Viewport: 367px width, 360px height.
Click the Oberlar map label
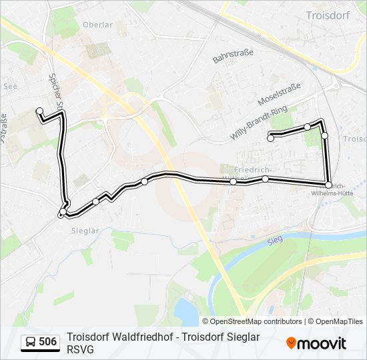coord(97,25)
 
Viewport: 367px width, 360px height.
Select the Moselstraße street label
coord(279,95)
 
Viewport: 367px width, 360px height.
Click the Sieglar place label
coord(85,231)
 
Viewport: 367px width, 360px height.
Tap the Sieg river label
coord(272,241)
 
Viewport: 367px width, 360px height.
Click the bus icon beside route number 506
coord(31,343)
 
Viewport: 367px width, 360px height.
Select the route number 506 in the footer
coord(47,343)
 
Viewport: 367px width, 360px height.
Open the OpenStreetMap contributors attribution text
coord(256,321)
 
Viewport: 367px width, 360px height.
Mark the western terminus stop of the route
coord(39,111)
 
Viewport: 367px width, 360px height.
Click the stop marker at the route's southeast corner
coord(328,185)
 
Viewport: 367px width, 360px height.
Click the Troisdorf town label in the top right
coord(324,15)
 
